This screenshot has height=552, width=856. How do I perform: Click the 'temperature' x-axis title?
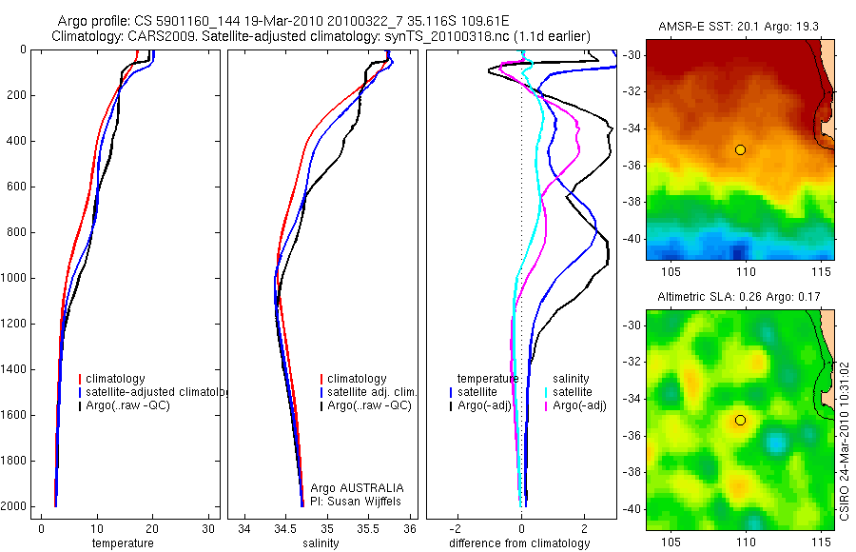tap(122, 543)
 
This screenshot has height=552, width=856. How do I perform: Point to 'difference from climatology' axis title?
tap(519, 543)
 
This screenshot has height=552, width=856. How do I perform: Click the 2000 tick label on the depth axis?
tap(15, 506)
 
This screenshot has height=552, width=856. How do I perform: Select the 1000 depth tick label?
tap(15, 278)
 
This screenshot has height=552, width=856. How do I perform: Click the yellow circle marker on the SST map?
tap(740, 149)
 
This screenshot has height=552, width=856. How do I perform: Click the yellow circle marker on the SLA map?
tap(740, 421)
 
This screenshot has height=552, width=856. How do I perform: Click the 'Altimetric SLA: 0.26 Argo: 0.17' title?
tap(740, 298)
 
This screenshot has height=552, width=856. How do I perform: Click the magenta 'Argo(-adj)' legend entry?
tap(580, 405)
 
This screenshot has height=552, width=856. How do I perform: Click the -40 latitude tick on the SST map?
tap(632, 239)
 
